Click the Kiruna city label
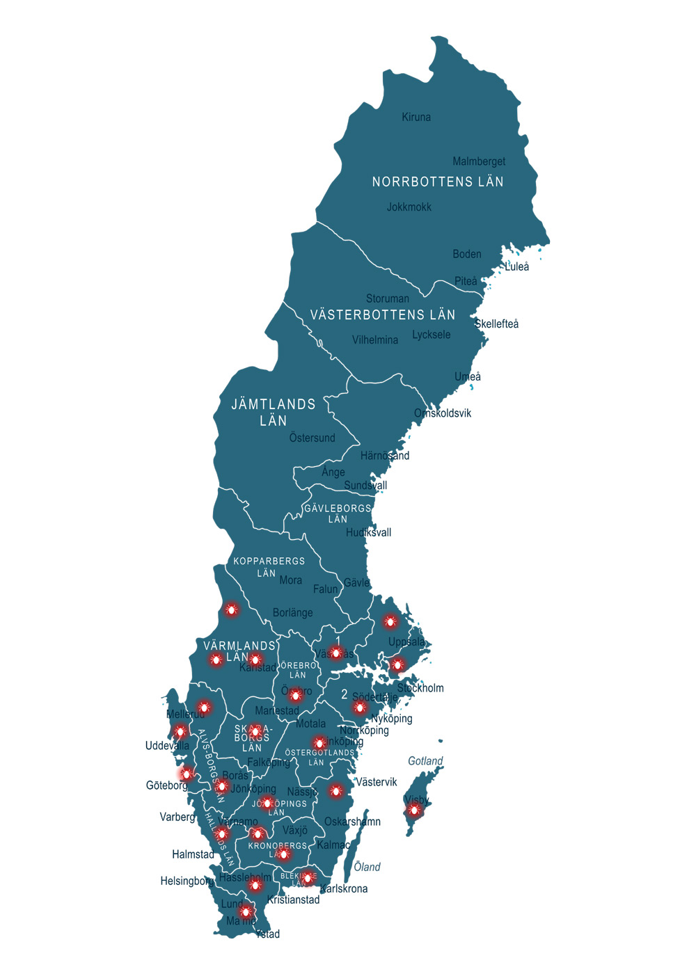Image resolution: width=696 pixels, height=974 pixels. coord(416,118)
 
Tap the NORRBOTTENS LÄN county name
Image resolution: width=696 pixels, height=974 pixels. coord(438,182)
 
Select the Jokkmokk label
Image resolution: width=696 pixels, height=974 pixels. coord(409,207)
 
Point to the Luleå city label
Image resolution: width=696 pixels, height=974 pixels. coord(517,267)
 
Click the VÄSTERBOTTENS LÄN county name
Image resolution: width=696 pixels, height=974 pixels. coord(383,315)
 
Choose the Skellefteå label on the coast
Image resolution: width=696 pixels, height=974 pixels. coord(497,324)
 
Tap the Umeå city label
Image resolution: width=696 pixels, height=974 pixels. coord(468,377)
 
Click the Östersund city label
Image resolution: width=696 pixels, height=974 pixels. coord(313,438)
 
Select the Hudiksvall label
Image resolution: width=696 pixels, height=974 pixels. coord(369,533)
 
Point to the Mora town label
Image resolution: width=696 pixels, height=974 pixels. coord(291,580)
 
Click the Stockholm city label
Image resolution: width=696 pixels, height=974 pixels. coord(420,689)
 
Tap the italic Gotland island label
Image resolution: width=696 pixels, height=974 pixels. coord(425,761)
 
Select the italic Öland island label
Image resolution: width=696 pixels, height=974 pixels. coord(367,867)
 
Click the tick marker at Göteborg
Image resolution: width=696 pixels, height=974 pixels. coord(187,774)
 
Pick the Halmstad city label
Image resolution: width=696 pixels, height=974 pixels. coord(193,854)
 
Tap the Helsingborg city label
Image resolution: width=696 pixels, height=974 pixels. coord(187,881)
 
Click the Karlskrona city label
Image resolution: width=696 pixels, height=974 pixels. coord(344,889)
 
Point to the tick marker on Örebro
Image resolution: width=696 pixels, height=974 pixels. coord(296,695)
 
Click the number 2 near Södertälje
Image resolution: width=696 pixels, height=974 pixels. coord(344,694)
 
